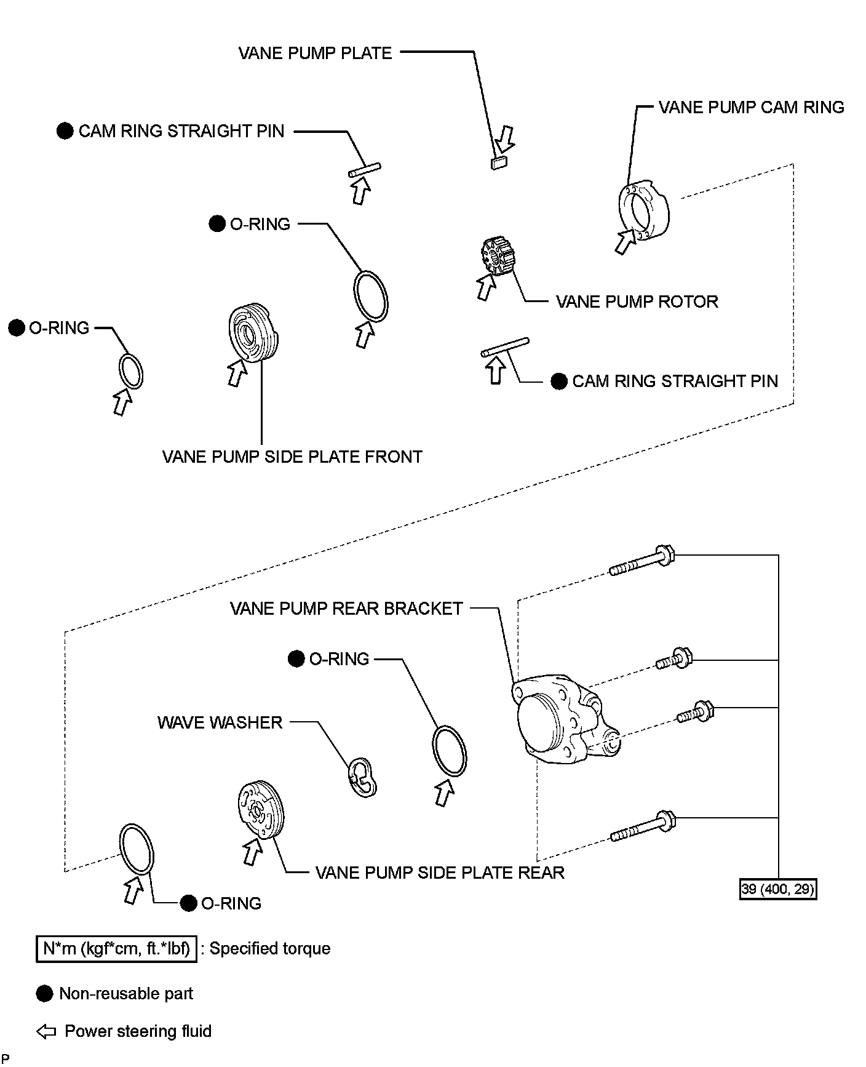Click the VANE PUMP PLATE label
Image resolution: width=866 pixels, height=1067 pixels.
pyautogui.click(x=315, y=53)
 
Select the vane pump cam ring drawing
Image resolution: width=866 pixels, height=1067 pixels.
pyautogui.click(x=644, y=209)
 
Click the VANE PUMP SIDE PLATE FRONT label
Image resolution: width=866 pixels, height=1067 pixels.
pyautogui.click(x=292, y=457)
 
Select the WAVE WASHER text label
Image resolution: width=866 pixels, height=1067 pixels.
pyautogui.click(x=220, y=722)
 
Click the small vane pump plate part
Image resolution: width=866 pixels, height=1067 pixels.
pyautogui.click(x=498, y=162)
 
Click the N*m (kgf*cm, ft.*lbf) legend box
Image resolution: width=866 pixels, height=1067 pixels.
pyautogui.click(x=116, y=948)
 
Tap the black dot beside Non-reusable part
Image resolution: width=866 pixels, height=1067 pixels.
pyautogui.click(x=45, y=994)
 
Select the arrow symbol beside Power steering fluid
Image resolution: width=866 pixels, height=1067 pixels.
pyautogui.click(x=47, y=1032)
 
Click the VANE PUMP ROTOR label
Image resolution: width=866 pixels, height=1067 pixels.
pyautogui.click(x=637, y=302)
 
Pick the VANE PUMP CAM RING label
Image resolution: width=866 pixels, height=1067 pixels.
pyautogui.click(x=751, y=108)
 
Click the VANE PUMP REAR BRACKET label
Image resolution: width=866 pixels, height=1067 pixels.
pyautogui.click(x=346, y=609)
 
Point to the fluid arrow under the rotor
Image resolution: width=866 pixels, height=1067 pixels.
pyautogui.click(x=487, y=287)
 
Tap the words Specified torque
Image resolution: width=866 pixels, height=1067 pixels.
pyautogui.click(x=270, y=948)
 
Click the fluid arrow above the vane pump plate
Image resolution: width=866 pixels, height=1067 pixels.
pyautogui.click(x=507, y=139)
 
